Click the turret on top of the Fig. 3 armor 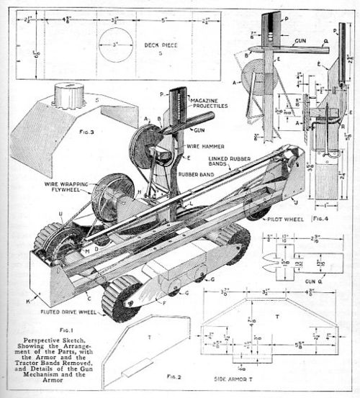68,94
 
